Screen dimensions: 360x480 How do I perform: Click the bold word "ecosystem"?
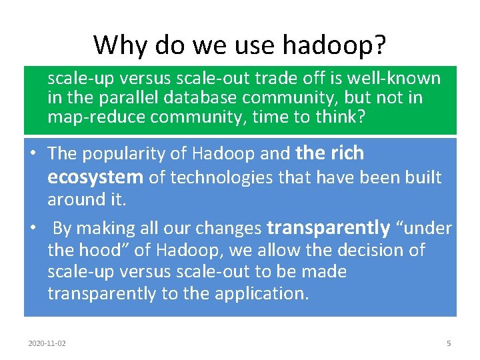95,177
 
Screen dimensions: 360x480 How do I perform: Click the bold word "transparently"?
328,228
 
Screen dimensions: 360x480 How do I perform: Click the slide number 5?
449,343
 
